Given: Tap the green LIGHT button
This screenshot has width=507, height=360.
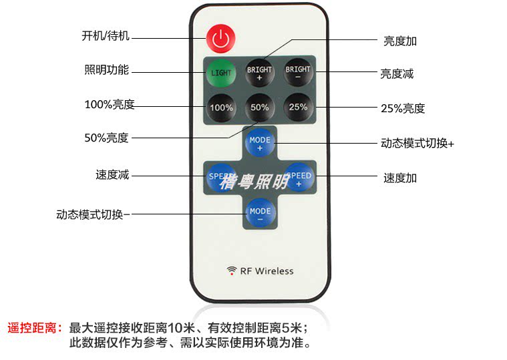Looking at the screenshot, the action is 221,73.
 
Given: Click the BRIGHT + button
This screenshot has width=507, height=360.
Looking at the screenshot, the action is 259,73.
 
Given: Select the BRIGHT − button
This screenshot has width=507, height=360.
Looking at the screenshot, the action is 298,72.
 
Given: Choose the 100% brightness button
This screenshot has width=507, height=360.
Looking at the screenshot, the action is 221,108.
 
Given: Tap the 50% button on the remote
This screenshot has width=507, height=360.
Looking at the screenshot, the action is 259,108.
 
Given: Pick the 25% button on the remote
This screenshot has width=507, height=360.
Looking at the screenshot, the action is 298,107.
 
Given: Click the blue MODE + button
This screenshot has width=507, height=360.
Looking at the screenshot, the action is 260,143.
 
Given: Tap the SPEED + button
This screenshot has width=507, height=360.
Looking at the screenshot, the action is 299,177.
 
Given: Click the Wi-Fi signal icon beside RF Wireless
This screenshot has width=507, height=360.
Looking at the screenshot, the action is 232,271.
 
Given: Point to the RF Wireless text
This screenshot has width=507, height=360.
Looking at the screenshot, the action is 267,271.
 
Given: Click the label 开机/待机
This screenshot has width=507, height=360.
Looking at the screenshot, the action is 106,36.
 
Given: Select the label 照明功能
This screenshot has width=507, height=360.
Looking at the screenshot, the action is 107,69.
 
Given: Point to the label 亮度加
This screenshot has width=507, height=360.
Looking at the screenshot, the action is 400,41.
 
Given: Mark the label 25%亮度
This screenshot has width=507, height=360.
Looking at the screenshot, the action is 403,108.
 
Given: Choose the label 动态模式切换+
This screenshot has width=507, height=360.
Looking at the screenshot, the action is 417,143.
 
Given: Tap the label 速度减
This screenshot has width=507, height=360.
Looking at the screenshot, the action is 112,175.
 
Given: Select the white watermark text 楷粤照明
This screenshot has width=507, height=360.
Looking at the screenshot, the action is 254,182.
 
